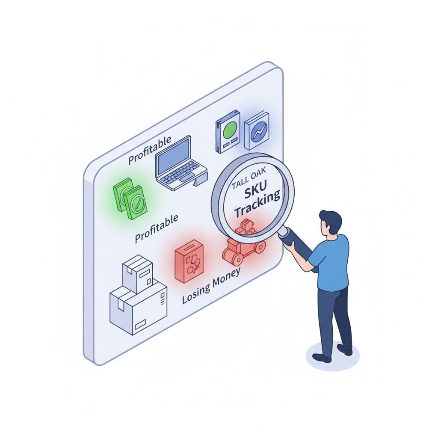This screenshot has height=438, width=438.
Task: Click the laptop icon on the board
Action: pyautogui.click(x=180, y=163)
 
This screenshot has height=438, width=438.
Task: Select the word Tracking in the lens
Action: pyautogui.click(x=257, y=205)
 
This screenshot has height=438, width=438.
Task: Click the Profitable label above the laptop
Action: pyautogui.click(x=150, y=150)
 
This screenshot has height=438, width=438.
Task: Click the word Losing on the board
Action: pyautogui.click(x=196, y=291)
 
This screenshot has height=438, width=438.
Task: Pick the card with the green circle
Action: pyautogui.click(x=228, y=132)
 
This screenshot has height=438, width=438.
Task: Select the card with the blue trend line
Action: pyautogui.click(x=257, y=130)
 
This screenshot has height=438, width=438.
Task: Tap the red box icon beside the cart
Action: pyautogui.click(x=189, y=261)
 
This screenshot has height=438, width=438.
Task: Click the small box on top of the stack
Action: pyautogui.click(x=137, y=273)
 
